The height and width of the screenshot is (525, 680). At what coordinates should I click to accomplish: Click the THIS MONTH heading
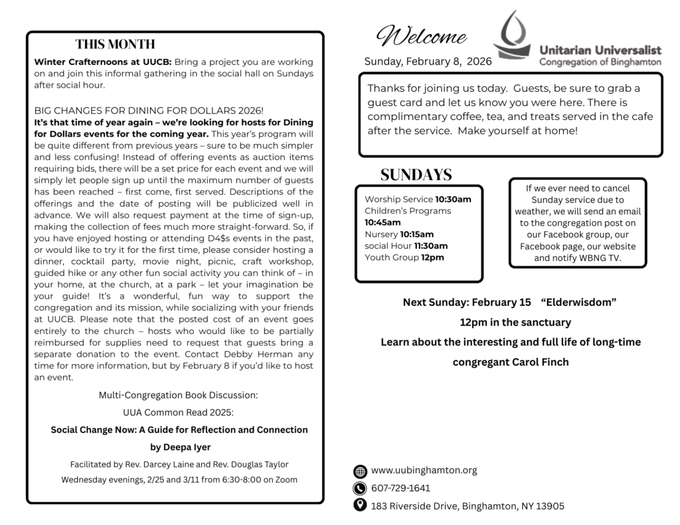[115, 44]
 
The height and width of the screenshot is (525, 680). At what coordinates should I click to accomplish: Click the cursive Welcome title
[421, 36]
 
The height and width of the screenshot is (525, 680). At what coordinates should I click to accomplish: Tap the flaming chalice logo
[515, 37]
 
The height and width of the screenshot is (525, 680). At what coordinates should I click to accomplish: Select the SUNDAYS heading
[416, 175]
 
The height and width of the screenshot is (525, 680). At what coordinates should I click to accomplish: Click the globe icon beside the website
[360, 471]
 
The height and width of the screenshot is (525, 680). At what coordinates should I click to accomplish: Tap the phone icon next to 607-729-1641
[360, 488]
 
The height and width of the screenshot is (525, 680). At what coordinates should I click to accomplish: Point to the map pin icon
[360, 506]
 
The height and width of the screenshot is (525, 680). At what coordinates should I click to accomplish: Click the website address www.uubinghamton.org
[424, 471]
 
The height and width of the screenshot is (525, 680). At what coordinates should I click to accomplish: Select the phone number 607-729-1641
[400, 488]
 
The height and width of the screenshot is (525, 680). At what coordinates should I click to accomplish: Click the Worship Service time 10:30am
[454, 199]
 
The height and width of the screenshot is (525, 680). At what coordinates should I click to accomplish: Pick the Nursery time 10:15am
[417, 234]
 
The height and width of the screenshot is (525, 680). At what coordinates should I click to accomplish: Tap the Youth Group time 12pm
[433, 258]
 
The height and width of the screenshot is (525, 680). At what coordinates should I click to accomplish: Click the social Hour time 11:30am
[432, 246]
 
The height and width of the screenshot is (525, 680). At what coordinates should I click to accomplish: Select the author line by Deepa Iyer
[179, 447]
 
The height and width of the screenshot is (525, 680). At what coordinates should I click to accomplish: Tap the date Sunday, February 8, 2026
[428, 62]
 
